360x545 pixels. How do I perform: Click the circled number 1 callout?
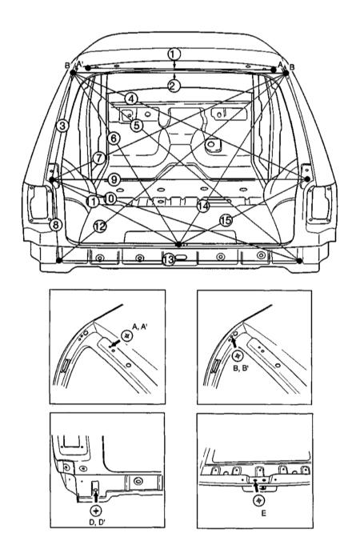(174, 54)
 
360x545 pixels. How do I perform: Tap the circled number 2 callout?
(174, 86)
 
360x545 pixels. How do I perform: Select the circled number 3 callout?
(62, 126)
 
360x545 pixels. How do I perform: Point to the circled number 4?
(131, 99)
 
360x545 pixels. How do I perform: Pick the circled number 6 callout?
(114, 138)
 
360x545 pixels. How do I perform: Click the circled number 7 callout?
(99, 158)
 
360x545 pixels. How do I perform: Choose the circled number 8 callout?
(55, 225)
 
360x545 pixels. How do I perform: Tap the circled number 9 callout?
(114, 180)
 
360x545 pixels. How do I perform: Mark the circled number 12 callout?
(100, 226)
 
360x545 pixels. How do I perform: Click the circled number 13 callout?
(169, 259)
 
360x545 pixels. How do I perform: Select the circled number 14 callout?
(203, 206)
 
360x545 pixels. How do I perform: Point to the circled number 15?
(226, 220)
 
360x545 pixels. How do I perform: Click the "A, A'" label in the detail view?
(140, 327)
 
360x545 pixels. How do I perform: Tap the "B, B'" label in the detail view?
(241, 368)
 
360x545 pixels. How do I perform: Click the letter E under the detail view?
(264, 513)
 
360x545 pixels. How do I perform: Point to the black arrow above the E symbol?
(257, 487)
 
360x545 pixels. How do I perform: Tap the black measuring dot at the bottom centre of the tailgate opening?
(178, 244)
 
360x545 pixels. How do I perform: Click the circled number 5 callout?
(137, 125)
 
